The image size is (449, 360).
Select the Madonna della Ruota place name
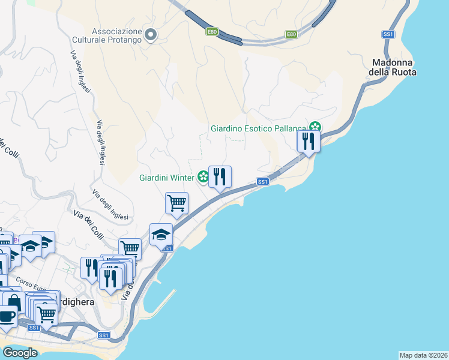[394, 67]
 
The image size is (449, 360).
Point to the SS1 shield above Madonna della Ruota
[388, 35]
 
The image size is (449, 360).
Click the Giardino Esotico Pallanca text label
[258, 128]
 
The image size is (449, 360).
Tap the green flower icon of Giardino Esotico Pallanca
[315, 127]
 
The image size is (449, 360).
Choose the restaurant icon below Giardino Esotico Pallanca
[308, 142]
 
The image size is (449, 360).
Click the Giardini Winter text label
[166, 178]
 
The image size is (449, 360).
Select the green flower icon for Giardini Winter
[203, 177]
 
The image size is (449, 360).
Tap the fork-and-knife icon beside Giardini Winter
[220, 176]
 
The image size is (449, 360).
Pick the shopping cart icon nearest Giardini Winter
[177, 203]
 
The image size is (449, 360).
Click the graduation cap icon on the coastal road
[161, 235]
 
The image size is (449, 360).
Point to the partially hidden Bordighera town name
[76, 302]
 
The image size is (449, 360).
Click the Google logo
[20, 353]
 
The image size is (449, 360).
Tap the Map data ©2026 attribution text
[423, 355]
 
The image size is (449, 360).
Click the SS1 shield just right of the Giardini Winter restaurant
[262, 182]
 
